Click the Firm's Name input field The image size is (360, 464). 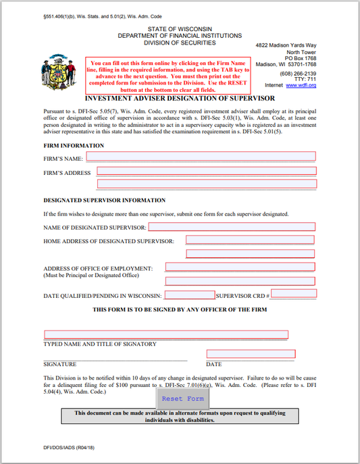point(201,156)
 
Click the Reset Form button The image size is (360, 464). point(182,398)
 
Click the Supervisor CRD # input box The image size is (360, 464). point(293,294)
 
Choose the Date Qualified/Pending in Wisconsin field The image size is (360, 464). point(189,294)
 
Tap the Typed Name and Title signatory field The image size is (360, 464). point(166,334)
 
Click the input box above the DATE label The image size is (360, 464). point(251,354)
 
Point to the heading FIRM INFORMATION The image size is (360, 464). point(74,145)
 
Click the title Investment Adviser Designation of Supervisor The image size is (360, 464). point(179,99)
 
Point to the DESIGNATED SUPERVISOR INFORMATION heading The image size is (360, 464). point(104,201)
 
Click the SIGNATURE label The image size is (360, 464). point(59,364)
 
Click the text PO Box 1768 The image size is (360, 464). point(301,58)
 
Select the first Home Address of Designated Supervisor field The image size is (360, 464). point(249,240)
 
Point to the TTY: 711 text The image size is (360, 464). point(304,79)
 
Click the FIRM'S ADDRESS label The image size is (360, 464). point(67,174)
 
